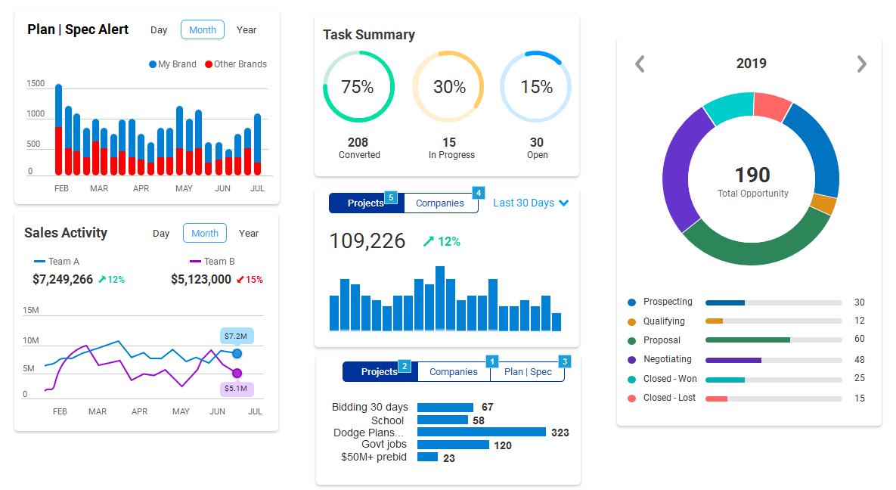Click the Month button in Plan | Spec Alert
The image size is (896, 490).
click(203, 30)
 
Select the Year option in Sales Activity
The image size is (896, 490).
click(249, 234)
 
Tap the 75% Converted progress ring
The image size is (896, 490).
click(358, 87)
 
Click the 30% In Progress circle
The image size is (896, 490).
click(449, 87)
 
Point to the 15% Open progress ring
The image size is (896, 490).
click(536, 87)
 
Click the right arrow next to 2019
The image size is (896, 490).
click(861, 64)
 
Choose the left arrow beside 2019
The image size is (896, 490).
click(640, 64)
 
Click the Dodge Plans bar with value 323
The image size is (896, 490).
click(481, 433)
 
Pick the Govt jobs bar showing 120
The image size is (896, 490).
click(453, 445)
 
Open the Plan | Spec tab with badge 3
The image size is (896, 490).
click(528, 372)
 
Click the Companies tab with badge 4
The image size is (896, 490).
click(440, 203)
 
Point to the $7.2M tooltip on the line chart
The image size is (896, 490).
click(237, 336)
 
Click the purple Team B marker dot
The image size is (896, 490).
click(237, 373)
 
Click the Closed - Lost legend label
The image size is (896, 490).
click(669, 398)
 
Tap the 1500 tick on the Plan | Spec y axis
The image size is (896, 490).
click(36, 84)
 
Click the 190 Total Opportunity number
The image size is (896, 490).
click(752, 175)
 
